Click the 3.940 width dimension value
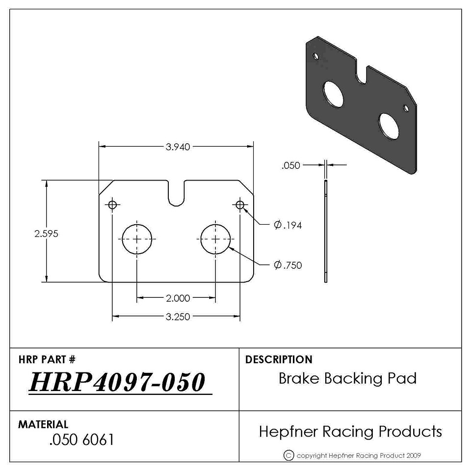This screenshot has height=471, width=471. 178,147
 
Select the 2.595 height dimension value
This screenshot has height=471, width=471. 46,234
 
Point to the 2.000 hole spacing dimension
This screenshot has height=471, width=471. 178,298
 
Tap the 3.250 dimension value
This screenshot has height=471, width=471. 178,317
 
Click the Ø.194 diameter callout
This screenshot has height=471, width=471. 288,225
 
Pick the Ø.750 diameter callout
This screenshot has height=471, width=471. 288,265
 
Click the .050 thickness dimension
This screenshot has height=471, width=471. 291,165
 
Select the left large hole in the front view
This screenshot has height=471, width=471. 137,239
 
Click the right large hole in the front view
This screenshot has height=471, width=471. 216,239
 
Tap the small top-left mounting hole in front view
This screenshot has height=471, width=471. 112,205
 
